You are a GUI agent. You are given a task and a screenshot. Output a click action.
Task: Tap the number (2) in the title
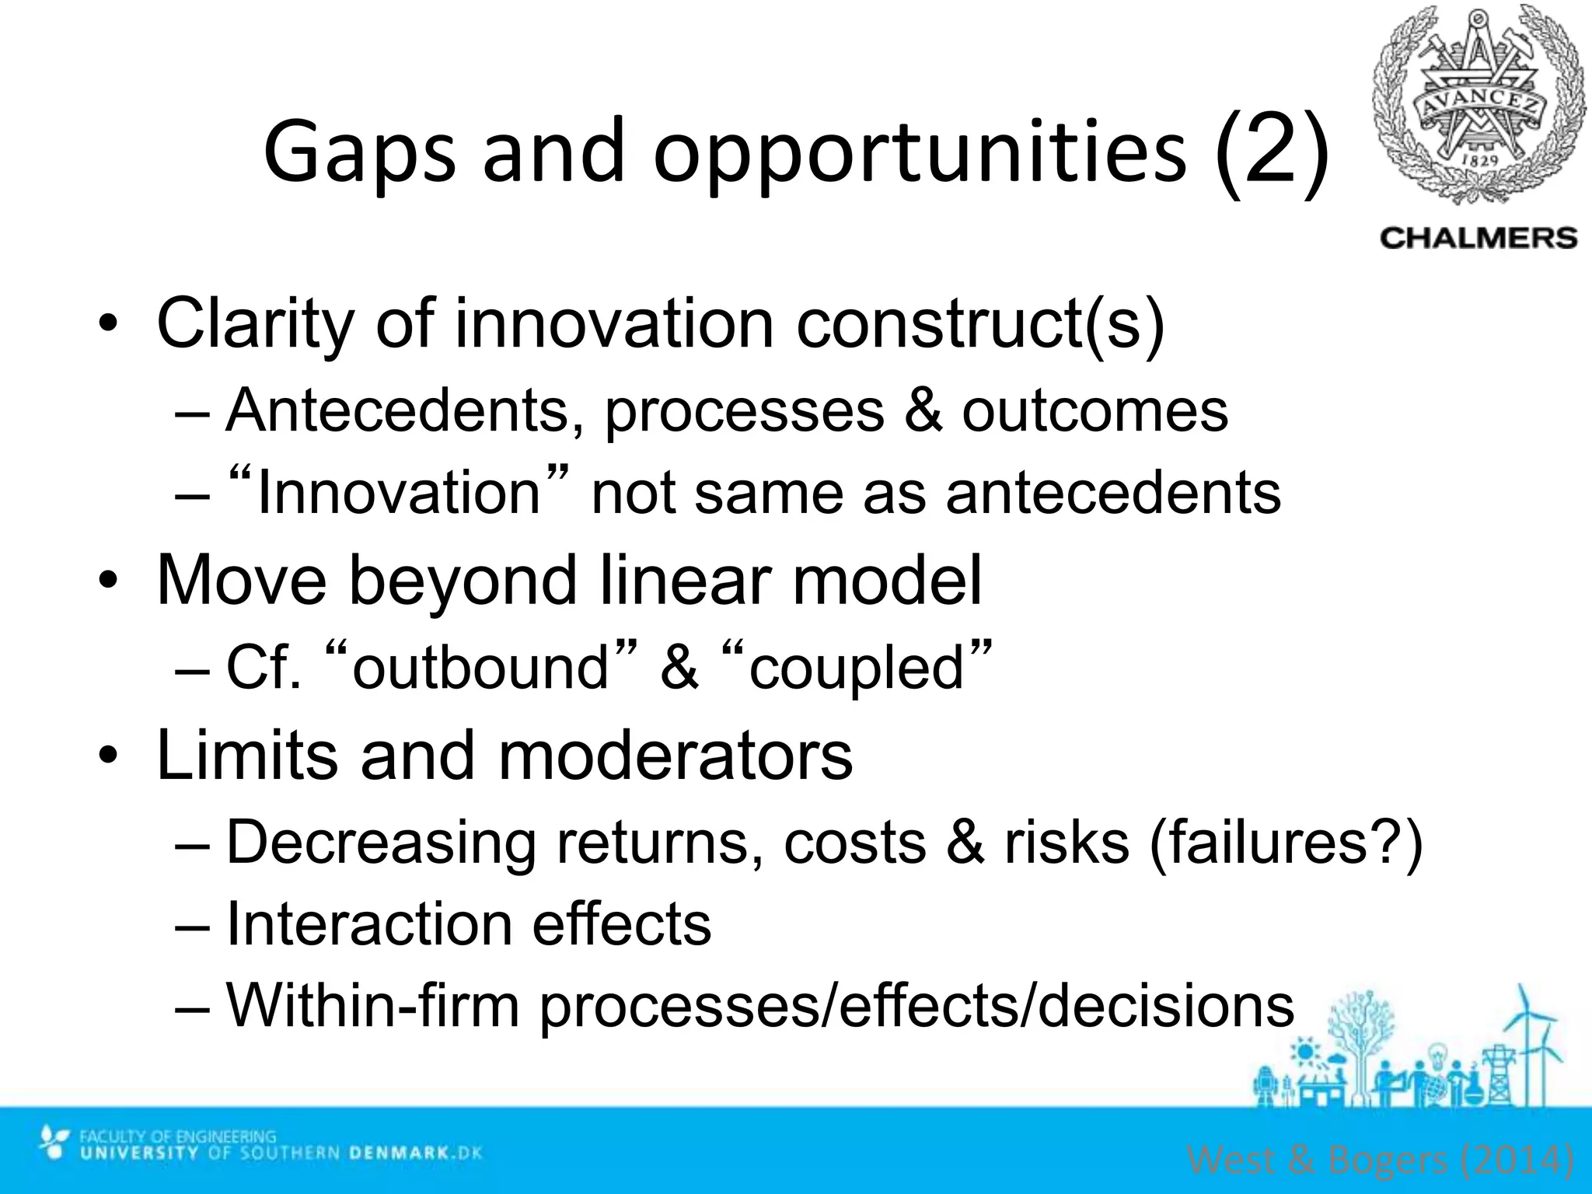1270,152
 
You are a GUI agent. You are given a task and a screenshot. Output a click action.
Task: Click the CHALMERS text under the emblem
1478,238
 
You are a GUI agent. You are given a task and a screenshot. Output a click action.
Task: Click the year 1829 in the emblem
1480,159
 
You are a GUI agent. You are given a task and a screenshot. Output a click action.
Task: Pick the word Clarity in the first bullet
257,323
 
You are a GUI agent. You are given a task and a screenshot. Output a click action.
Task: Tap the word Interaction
368,925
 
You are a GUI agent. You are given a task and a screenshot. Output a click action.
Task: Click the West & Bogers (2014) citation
1381,1161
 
